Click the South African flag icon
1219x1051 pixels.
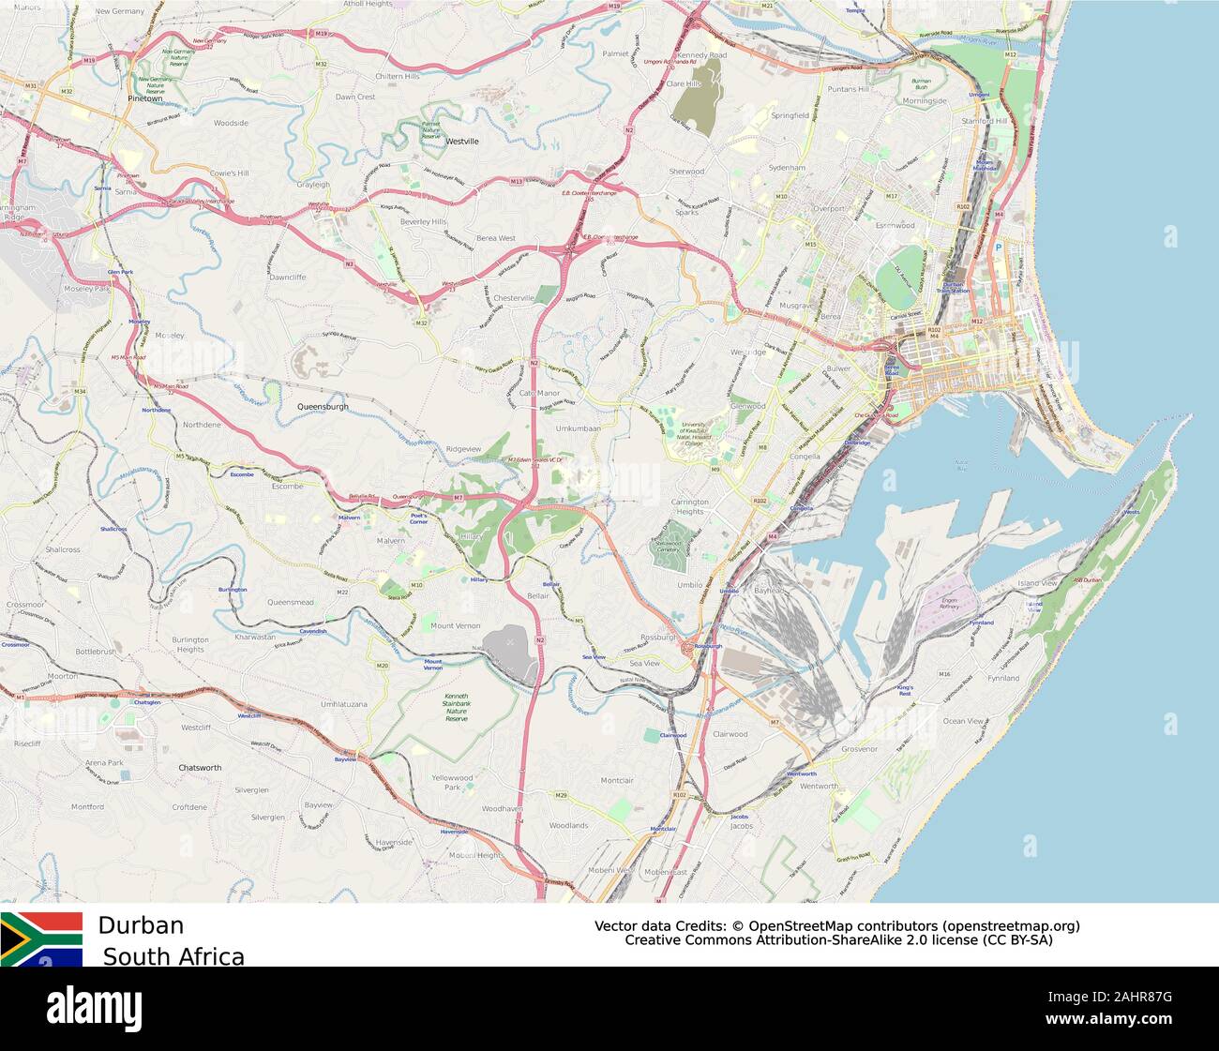click(x=41, y=938)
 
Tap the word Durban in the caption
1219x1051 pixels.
click(x=141, y=925)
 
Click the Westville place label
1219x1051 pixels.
click(x=462, y=142)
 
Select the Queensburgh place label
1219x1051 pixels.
click(x=323, y=407)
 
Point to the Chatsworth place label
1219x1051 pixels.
click(x=200, y=767)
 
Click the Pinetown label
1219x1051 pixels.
click(x=145, y=98)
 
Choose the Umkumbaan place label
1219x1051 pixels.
click(x=578, y=428)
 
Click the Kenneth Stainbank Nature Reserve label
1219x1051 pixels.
click(x=456, y=708)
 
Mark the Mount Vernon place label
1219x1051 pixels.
click(x=455, y=625)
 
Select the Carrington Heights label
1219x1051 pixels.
click(x=689, y=506)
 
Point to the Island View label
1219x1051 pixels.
click(x=1037, y=583)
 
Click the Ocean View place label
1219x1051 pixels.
click(x=963, y=721)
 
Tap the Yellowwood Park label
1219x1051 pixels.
click(x=452, y=782)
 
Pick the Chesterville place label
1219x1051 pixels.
click(x=513, y=298)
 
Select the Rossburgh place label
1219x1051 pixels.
click(x=657, y=637)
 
